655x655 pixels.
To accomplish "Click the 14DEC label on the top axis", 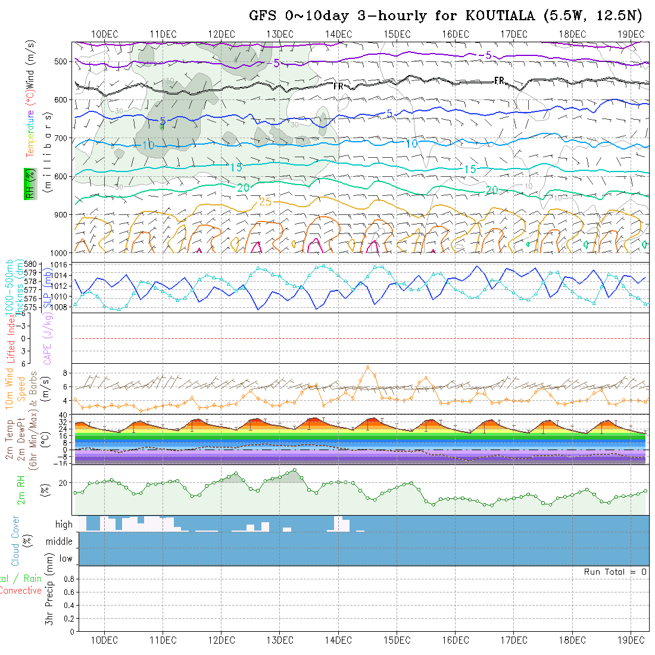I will tap(338, 34).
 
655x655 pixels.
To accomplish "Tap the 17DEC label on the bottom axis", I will tap(513, 640).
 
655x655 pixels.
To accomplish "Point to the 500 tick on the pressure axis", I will tap(64, 61).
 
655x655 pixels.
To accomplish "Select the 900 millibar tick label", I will tap(64, 214).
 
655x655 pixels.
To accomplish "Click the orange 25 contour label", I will tap(265, 202).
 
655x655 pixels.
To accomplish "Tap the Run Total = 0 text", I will tap(615, 572).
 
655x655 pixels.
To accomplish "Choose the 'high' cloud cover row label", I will tap(64, 525).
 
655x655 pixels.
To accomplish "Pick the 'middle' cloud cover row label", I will tap(60, 541).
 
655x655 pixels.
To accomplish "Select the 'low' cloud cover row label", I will tap(65, 559).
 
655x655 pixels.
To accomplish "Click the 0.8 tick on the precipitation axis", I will tap(68, 579).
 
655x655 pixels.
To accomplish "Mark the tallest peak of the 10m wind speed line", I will tap(368, 367).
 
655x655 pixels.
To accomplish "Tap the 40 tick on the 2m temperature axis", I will tap(64, 415).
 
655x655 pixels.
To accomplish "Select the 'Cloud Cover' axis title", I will tap(15, 541).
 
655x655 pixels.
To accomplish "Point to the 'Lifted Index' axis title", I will tap(11, 338).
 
